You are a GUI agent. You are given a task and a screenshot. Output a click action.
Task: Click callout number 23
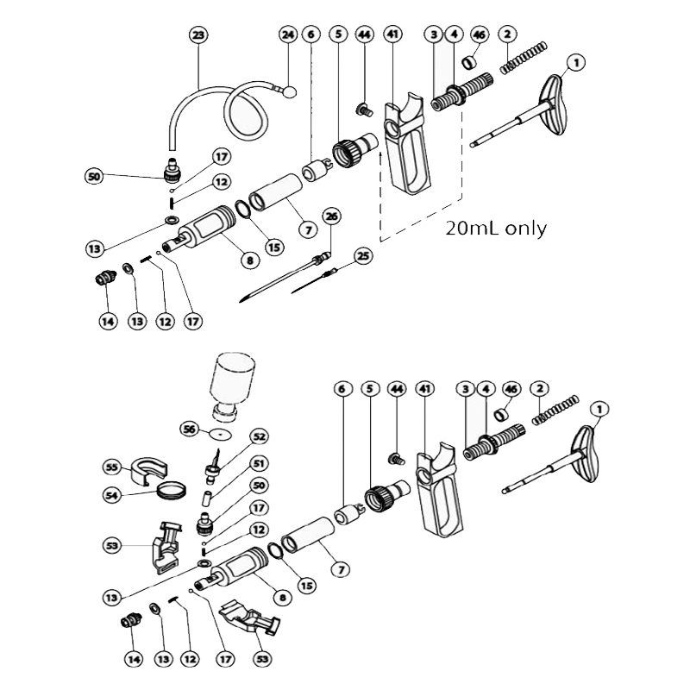click(199, 35)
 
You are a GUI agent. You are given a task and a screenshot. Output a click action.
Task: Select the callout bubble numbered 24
click(288, 35)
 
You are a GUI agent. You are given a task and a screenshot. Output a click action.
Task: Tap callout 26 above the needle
click(332, 216)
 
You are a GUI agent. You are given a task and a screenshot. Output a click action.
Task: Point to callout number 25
click(363, 256)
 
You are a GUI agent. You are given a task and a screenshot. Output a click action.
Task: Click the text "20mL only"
click(496, 229)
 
